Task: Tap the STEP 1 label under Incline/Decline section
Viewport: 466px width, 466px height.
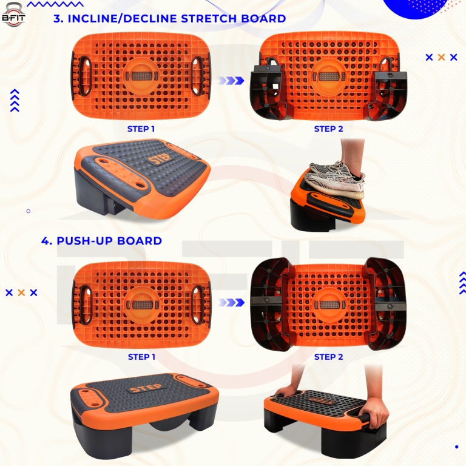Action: tap(141, 129)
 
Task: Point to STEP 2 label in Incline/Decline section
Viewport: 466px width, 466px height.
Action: tap(328, 129)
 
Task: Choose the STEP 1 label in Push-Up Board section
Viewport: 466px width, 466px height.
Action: tap(141, 357)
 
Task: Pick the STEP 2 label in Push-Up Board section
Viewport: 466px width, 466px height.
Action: tap(328, 357)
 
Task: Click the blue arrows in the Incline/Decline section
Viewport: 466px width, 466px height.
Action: tap(231, 80)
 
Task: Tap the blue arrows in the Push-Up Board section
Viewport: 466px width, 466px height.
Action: tap(231, 302)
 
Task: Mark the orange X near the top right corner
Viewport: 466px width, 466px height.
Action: tap(441, 58)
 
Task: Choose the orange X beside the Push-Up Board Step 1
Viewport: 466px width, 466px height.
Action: tap(21, 292)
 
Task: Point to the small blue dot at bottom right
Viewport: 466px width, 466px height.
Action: tap(456, 447)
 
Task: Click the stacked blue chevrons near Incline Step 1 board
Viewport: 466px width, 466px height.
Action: tap(15, 101)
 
